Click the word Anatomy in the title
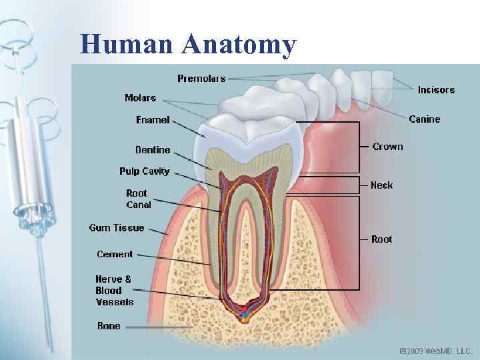(x=239, y=45)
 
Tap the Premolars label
(x=201, y=79)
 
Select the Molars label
(x=140, y=98)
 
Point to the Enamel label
(x=153, y=120)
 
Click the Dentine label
(x=153, y=150)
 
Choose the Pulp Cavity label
(x=145, y=171)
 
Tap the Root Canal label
(x=139, y=199)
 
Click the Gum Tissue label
(x=117, y=228)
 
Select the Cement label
(x=115, y=254)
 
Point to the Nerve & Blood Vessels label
(x=114, y=290)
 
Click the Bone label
(x=109, y=326)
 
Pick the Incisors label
(x=436, y=89)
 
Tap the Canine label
(x=424, y=119)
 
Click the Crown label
(x=387, y=147)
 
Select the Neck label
(x=382, y=185)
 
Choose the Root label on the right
(x=382, y=239)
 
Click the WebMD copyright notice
(x=435, y=350)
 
